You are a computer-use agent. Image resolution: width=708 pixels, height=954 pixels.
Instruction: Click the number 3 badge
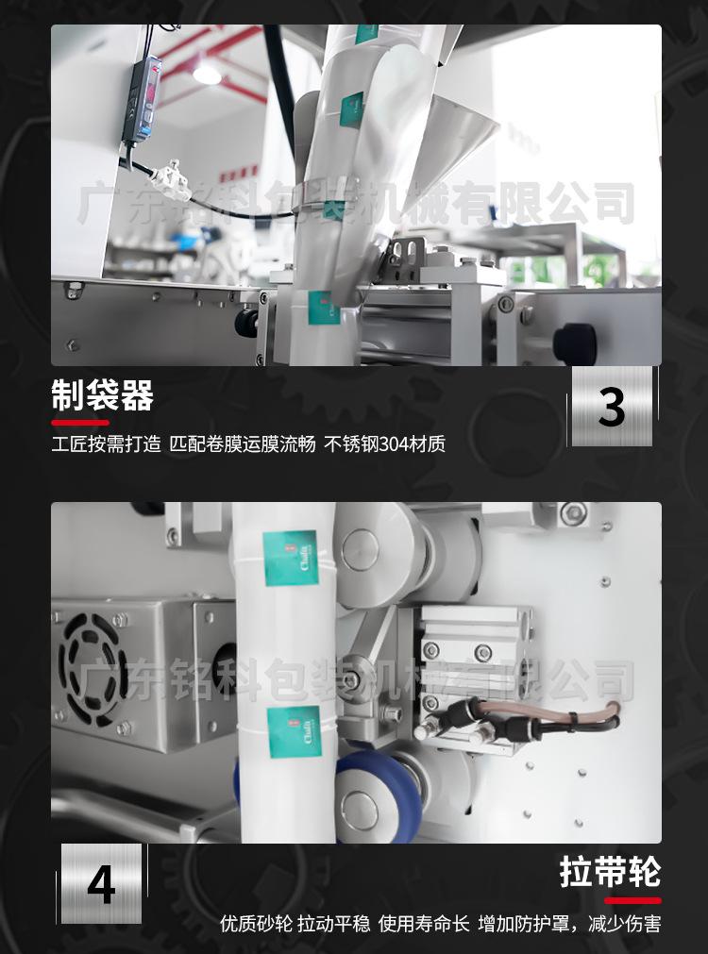(x=612, y=407)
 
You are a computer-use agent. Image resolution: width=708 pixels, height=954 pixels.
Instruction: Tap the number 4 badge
(x=102, y=883)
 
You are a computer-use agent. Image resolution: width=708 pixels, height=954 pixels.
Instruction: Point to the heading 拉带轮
(x=610, y=873)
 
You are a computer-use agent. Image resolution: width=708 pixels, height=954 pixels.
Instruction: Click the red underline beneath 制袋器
(x=79, y=422)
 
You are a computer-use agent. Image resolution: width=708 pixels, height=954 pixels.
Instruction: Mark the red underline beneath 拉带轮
(x=632, y=899)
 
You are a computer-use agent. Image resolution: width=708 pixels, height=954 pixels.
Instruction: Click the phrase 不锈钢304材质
(x=384, y=444)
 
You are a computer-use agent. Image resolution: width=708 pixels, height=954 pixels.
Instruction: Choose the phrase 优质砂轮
(x=255, y=923)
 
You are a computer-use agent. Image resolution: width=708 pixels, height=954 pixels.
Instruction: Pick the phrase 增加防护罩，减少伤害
(x=569, y=923)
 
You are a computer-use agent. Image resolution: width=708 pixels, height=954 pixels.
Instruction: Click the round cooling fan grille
(x=93, y=657)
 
